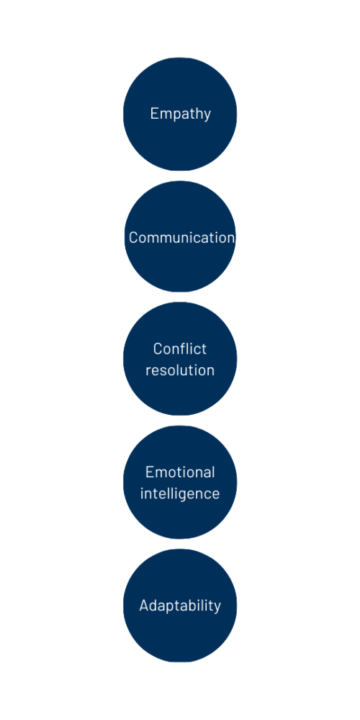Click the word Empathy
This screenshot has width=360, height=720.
(x=181, y=114)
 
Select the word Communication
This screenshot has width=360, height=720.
(x=181, y=238)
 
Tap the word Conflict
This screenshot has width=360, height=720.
(x=180, y=349)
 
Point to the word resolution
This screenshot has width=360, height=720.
(x=180, y=370)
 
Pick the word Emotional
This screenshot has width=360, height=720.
(x=180, y=472)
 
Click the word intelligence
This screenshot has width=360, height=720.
(x=180, y=494)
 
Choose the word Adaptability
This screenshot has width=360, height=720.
(x=180, y=606)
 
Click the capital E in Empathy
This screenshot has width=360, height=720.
(x=155, y=114)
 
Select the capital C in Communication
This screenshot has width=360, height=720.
(x=134, y=238)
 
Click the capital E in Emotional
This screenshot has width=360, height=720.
(x=150, y=472)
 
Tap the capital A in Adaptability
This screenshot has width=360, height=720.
(x=144, y=606)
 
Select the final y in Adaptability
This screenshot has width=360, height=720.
(x=217, y=608)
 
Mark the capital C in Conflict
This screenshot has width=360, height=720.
(x=158, y=349)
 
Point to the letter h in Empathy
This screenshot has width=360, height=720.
(x=197, y=113)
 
